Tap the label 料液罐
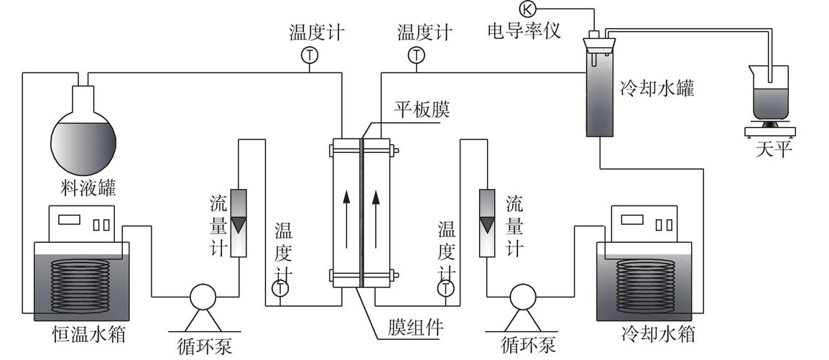[x=88, y=189]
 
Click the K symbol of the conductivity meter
[x=527, y=9]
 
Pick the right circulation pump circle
[x=522, y=295]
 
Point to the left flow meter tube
[x=238, y=223]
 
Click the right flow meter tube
[x=486, y=223]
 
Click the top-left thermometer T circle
[x=309, y=55]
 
